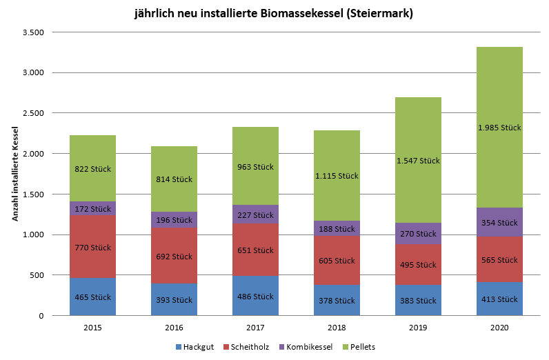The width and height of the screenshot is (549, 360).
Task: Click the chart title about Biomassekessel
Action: coord(274,14)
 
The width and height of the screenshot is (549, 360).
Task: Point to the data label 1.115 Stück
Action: coord(337,176)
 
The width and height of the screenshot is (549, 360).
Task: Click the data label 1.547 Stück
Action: coord(418,161)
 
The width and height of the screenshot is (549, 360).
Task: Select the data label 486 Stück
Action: coord(255,297)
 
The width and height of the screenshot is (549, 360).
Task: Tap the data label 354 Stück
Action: coord(499,223)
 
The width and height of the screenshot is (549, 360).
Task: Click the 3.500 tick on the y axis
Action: coord(33,32)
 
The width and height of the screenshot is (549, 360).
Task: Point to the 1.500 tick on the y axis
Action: coord(33,194)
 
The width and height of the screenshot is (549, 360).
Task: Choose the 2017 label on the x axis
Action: coord(255,328)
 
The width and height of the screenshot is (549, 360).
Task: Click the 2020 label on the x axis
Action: coord(499,328)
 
